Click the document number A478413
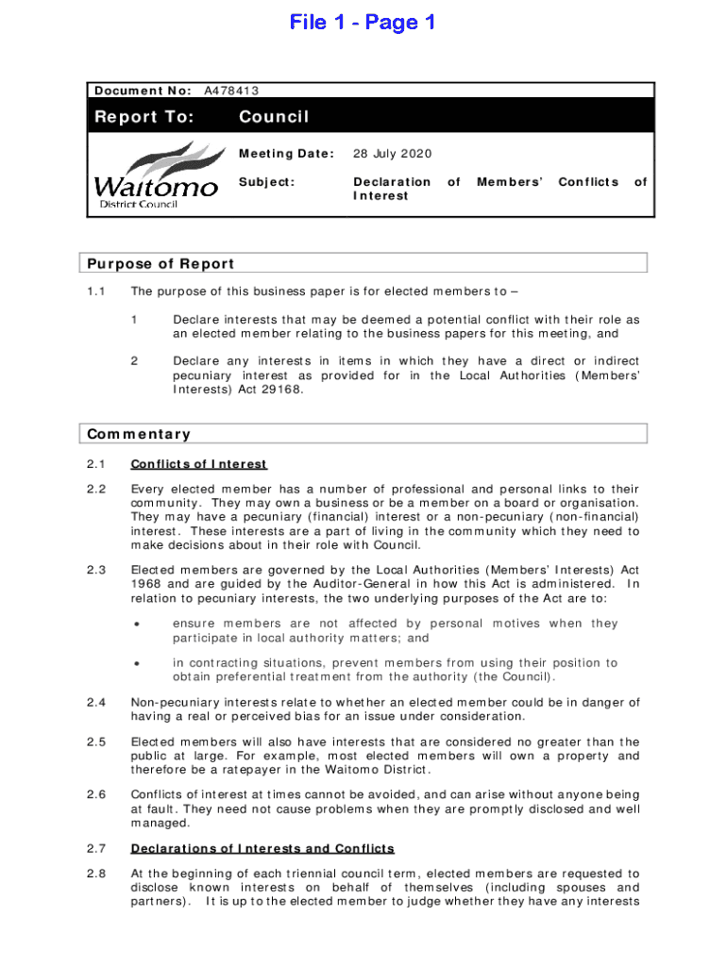232,91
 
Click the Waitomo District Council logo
157,177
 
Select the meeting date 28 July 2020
393,154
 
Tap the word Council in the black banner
274,117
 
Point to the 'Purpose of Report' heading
161,263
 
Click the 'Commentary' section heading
139,434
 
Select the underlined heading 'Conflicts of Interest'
198,464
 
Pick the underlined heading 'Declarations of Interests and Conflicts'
262,848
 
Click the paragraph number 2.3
95,569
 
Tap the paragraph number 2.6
95,795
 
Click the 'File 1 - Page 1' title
363,22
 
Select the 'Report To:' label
144,117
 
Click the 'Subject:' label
266,182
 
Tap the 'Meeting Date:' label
286,154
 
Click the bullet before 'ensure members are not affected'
137,624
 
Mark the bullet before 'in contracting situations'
137,663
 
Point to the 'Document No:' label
143,91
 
